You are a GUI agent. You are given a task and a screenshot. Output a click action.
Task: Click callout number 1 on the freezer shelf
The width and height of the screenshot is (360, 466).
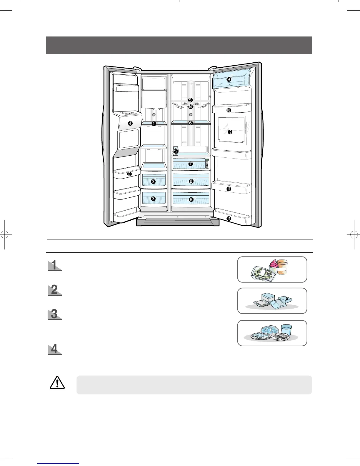[x=154, y=124]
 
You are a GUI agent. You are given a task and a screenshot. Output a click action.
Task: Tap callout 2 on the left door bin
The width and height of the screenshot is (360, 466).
[x=129, y=174]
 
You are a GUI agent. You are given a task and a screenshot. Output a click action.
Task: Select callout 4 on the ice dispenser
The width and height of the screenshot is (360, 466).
[x=130, y=124]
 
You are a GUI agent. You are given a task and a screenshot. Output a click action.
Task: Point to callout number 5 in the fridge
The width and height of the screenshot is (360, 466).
[x=190, y=100]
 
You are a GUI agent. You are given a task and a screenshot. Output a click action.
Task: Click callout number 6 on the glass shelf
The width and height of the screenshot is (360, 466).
[x=190, y=123]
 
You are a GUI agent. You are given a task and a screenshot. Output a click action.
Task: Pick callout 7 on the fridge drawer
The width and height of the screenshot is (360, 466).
[x=191, y=164]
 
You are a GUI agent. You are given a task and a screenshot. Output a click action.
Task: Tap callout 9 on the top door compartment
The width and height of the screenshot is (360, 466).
[x=229, y=79]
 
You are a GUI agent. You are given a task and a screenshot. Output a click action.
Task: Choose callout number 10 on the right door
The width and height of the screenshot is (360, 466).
[x=229, y=110]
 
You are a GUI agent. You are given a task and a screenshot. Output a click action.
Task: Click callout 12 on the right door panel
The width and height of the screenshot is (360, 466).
[x=230, y=132]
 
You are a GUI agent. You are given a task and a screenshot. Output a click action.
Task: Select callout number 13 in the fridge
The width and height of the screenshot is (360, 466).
[x=176, y=151]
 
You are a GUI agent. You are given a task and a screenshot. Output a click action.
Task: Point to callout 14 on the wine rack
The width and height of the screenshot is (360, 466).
[x=191, y=107]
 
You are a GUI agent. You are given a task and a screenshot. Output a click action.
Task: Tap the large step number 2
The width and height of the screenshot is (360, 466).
[x=54, y=290]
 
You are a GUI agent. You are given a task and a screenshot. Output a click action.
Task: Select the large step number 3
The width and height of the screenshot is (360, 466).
[x=54, y=314]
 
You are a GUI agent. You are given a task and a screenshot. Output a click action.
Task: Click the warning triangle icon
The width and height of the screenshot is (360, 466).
[x=57, y=383]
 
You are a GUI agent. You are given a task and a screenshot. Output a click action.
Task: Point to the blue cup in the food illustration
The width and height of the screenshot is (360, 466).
[x=286, y=329]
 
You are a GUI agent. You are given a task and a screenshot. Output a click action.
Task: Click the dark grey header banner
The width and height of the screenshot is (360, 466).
[x=179, y=45]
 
